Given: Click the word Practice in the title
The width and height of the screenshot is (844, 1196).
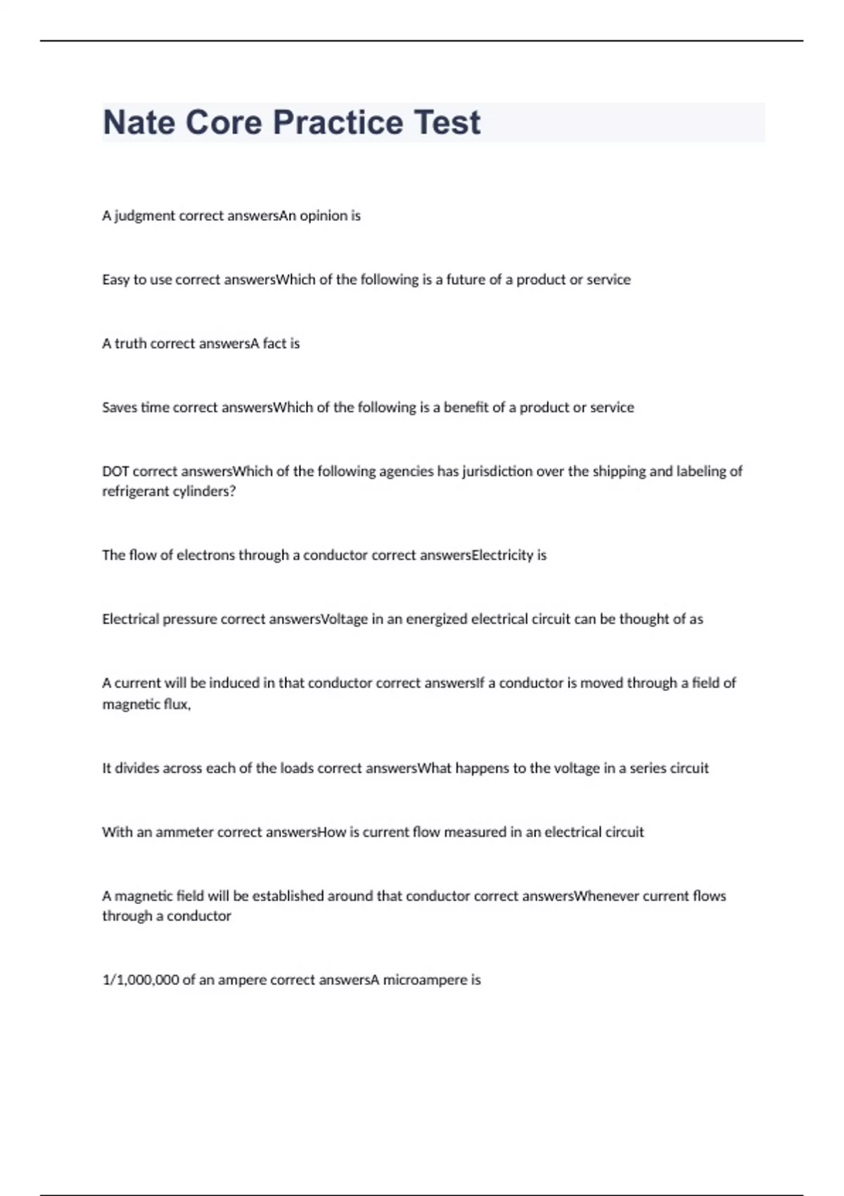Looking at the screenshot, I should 338,122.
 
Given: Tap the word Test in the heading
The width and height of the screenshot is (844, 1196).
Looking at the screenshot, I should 447,122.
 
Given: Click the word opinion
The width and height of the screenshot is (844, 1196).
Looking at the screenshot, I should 324,216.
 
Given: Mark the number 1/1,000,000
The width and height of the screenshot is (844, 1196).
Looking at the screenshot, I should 140,980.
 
